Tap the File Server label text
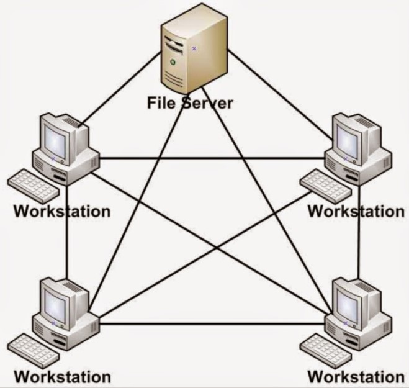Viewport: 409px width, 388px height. [190, 102]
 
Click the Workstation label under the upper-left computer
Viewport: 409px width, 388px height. [62, 210]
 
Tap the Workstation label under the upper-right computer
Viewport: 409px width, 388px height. [356, 210]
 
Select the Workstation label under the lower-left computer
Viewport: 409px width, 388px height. [62, 376]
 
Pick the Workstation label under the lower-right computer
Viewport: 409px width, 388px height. [356, 376]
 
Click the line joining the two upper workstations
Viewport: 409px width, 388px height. [211, 158]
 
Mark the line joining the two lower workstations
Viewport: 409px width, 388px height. [211, 324]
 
